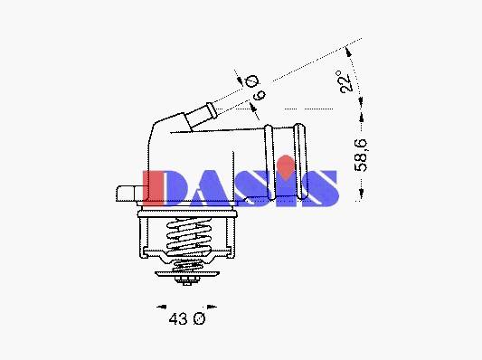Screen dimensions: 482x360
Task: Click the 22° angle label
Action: point(345,81)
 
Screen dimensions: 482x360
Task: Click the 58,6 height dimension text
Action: point(361,155)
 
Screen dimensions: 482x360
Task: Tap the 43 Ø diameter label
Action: point(187,318)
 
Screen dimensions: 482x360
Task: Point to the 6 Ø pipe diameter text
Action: point(255,88)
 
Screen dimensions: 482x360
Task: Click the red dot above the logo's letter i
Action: point(286,167)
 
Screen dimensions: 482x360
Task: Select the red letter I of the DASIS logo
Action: point(153,188)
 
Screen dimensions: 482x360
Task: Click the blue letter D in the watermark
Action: point(175,188)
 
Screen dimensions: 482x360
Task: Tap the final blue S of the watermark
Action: point(320,188)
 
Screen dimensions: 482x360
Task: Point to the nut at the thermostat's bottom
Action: point(187,280)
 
